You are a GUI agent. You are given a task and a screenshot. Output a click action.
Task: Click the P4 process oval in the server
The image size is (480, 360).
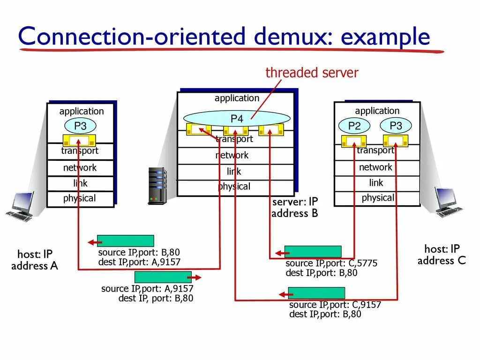236,119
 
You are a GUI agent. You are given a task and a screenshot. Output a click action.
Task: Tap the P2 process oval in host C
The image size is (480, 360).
354,126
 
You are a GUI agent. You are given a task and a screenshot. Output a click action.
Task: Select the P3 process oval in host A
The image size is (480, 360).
80,126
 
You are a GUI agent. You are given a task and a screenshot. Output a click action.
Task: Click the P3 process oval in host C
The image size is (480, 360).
396,126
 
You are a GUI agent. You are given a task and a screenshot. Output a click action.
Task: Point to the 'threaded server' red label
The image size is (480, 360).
312,73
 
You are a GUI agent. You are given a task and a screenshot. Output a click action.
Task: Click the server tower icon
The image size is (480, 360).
157,186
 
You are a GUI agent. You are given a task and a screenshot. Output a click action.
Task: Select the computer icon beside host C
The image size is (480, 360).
448,202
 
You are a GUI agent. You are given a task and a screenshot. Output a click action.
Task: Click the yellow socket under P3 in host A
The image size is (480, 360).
79,140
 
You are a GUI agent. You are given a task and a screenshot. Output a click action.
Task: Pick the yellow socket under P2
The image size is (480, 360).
354,141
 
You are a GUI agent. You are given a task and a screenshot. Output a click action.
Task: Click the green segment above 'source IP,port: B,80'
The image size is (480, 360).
125,241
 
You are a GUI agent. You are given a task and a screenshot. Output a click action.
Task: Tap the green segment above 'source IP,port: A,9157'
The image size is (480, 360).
163,277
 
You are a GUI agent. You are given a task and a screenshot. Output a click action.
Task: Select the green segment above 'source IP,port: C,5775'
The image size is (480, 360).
313,252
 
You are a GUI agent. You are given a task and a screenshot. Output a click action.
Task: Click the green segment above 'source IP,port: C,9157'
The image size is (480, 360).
316,293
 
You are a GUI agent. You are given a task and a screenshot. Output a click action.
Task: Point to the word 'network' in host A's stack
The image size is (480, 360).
80,168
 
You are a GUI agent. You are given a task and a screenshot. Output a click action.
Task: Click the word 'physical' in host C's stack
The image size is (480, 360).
378,198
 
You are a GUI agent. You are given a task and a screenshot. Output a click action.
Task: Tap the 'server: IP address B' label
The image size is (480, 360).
295,208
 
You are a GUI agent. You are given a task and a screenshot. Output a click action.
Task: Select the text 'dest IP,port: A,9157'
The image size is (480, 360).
139,262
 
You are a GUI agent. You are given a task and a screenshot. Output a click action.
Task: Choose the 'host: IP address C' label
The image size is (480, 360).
442,255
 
